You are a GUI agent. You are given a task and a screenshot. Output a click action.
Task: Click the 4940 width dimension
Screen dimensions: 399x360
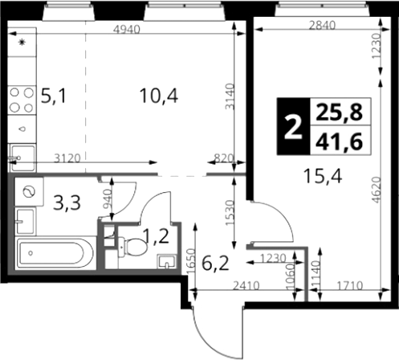coord(127,30)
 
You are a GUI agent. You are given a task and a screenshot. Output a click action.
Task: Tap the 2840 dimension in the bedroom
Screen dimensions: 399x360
coord(322,26)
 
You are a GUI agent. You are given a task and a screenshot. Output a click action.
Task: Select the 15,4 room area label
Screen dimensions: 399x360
coord(323,177)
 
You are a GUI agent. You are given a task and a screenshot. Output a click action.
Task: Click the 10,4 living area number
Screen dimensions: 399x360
coord(159,96)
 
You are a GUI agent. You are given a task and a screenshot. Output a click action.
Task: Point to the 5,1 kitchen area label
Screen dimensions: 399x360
coord(53,96)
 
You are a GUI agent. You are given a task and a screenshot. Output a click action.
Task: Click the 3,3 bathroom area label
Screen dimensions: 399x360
coord(67,203)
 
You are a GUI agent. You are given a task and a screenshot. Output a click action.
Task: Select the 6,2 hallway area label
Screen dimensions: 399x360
coord(215,264)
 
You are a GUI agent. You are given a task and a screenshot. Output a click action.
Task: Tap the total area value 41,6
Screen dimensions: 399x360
coord(339,141)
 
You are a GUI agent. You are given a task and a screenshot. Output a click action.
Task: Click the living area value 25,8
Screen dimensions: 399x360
coord(339,112)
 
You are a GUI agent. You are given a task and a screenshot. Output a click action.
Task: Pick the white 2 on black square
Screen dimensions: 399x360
coord(293,126)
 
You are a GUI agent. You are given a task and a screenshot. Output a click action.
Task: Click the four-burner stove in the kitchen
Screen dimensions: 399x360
coord(22,100)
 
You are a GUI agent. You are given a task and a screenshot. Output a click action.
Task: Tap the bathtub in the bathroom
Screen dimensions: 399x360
coord(55,253)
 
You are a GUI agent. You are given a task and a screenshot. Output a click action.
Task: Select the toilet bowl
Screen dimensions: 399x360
coord(132,247)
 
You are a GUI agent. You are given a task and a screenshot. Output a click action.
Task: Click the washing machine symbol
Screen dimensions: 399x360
coord(29,191)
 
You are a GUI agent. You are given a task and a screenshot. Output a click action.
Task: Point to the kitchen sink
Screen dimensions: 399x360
coord(22,157)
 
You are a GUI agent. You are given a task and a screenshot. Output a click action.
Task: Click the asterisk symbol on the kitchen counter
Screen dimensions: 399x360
coord(22,42)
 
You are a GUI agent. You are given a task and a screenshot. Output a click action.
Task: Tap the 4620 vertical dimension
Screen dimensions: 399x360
coord(377,190)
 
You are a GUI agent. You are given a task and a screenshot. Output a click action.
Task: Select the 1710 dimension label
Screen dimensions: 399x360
coord(350,286)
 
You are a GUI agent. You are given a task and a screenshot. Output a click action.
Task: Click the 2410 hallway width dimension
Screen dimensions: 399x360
coord(246,286)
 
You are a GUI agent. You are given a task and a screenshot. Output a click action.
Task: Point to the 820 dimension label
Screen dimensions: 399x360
coord(224,158)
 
